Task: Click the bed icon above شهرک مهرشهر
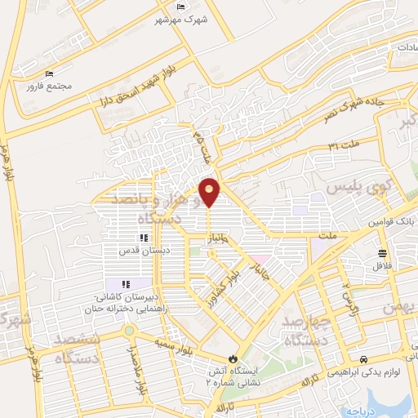(181, 7)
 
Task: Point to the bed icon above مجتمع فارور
(50, 73)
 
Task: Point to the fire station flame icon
(233, 358)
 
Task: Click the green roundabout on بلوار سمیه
(129, 331)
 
